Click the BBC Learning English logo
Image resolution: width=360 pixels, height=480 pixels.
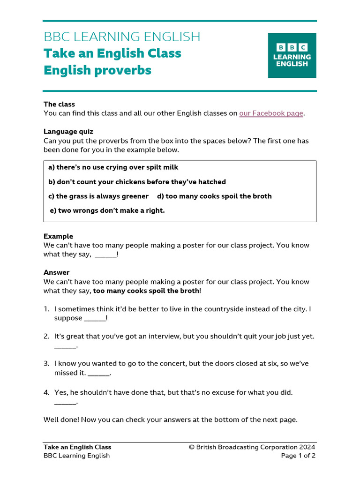click(x=292, y=55)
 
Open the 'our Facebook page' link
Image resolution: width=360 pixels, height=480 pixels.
click(x=271, y=113)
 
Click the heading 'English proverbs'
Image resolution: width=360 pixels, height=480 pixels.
click(x=97, y=70)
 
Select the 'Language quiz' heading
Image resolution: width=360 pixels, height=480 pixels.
click(x=68, y=132)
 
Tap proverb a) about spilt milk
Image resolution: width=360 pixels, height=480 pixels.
click(x=113, y=167)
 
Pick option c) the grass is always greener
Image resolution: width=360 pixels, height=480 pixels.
click(x=98, y=196)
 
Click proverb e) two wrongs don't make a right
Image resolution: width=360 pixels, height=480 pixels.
click(x=107, y=211)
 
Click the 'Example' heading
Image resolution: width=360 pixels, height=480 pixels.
click(x=58, y=236)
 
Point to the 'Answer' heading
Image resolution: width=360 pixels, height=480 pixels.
click(x=56, y=272)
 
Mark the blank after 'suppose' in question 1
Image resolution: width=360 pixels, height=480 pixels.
click(x=95, y=319)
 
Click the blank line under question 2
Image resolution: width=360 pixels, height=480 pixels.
click(x=65, y=346)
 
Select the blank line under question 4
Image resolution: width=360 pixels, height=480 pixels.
click(x=65, y=402)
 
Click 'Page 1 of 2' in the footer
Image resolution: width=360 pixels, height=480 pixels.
click(x=298, y=456)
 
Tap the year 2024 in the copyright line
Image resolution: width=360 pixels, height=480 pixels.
click(x=307, y=447)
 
